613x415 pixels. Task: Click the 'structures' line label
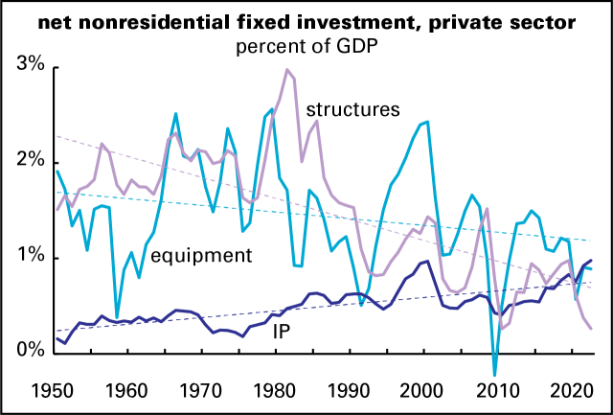[352, 109]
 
